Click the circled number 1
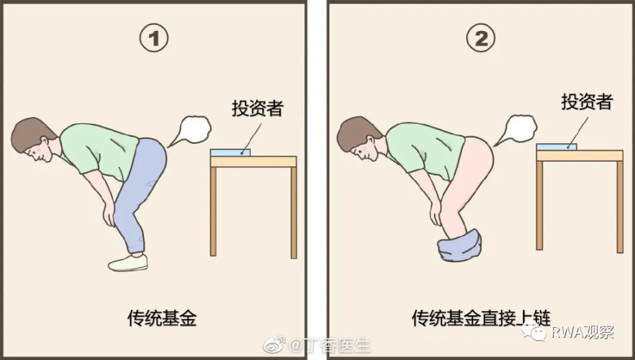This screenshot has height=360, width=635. click(154, 38)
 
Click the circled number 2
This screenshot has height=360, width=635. click(481, 38)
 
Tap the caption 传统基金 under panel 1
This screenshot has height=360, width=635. click(162, 318)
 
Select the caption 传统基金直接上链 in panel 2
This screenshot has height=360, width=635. click(481, 317)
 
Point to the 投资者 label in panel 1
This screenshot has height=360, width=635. click(258, 108)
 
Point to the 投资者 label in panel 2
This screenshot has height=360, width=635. click(587, 101)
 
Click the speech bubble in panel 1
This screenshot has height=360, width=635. click(191, 130)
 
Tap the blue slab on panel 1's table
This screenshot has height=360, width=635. click(230, 153)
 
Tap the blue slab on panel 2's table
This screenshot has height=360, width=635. click(556, 147)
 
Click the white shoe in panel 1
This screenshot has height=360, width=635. click(128, 262)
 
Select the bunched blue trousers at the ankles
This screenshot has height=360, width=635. click(459, 245)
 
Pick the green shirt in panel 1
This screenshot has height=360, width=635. click(99, 151)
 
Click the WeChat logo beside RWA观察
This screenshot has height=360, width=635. click(533, 332)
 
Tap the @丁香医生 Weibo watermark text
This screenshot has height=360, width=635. click(329, 346)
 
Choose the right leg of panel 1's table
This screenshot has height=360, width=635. click(293, 213)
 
